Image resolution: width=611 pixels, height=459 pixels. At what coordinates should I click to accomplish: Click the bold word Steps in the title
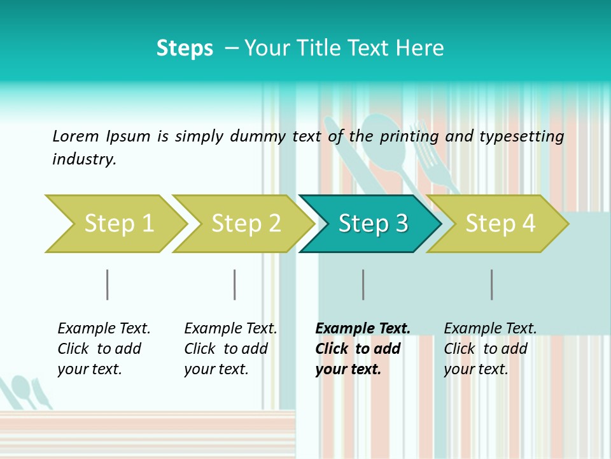pyautogui.click(x=185, y=48)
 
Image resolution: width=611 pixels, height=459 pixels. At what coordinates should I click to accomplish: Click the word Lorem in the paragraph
pyautogui.click(x=75, y=136)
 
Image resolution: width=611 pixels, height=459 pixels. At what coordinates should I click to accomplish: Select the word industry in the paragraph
pyautogui.click(x=83, y=159)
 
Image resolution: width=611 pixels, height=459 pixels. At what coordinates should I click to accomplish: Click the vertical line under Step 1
pyautogui.click(x=108, y=284)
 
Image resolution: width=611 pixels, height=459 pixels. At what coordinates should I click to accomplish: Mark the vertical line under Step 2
pyautogui.click(x=235, y=284)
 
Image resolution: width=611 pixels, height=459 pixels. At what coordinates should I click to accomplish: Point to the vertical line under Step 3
pyautogui.click(x=363, y=284)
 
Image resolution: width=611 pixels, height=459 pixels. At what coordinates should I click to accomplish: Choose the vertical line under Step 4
pyautogui.click(x=491, y=284)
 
